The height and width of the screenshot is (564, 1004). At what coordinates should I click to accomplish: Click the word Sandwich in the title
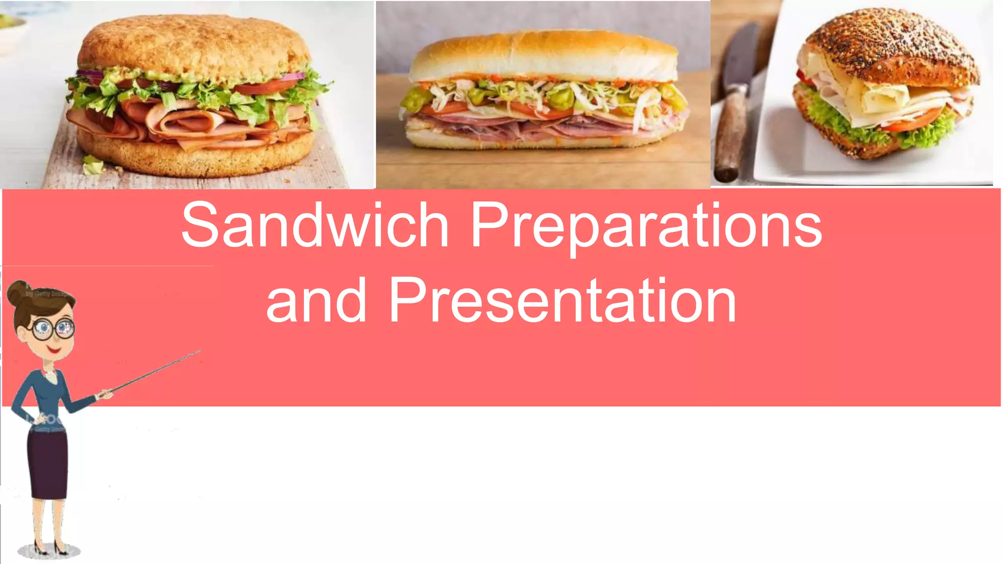(x=315, y=224)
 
